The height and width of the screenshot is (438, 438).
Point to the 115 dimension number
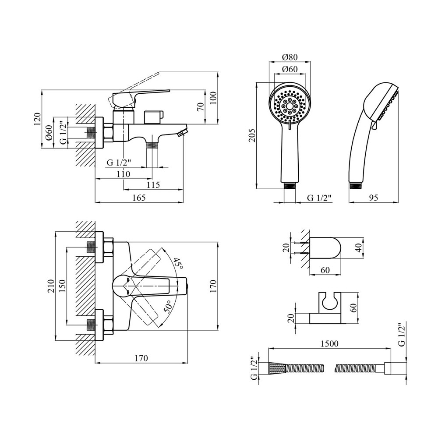click(x=153, y=185)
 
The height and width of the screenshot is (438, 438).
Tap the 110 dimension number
click(x=124, y=174)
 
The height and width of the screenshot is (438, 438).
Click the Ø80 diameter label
click(x=290, y=57)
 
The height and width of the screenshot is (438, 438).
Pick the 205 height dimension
click(x=252, y=135)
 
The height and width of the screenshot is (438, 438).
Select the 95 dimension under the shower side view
click(x=373, y=198)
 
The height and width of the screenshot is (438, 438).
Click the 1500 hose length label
click(x=329, y=344)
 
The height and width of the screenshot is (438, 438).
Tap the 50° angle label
click(x=168, y=307)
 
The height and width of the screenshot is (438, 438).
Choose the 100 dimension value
click(x=213, y=98)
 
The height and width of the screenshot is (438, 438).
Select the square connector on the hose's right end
click(x=388, y=368)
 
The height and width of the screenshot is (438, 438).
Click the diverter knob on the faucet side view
click(x=153, y=117)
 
